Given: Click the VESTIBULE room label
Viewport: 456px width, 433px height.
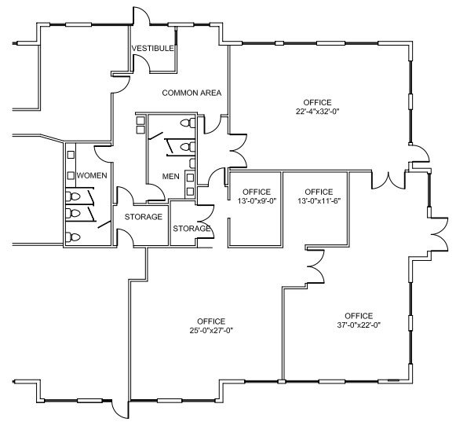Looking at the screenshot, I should coord(152,48).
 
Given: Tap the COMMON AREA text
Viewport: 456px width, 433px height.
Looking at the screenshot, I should coord(192,93).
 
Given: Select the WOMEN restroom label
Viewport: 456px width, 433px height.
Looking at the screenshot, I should coord(92,175).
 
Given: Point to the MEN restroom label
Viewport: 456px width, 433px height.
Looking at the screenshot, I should coord(170,176).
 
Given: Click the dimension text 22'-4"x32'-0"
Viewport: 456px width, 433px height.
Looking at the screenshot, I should coord(318,112).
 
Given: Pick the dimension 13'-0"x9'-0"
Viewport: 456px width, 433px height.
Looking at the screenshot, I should coord(256,201).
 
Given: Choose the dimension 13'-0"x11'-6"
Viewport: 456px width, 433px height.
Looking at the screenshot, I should coord(319,201).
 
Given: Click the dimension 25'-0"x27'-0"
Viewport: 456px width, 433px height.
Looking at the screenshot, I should coord(211,330).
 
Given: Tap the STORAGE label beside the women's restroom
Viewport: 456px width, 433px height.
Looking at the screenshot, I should coord(144,217).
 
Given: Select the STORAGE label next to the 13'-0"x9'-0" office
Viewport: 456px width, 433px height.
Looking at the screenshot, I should coord(192,229).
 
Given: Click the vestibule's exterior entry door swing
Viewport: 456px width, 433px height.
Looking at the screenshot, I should coord(142,16).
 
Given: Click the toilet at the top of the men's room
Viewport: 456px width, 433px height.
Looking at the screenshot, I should coord(186,123).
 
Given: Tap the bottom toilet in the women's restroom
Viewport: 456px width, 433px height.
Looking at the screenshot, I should coord(73,236).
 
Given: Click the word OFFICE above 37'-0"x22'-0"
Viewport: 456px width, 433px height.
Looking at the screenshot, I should coord(358,315).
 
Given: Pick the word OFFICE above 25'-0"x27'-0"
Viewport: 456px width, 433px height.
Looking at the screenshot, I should coord(211,321).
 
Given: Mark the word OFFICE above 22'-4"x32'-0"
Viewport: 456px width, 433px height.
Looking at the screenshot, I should coord(318,102).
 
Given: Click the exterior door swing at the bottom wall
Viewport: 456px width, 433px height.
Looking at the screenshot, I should coord(118,409).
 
